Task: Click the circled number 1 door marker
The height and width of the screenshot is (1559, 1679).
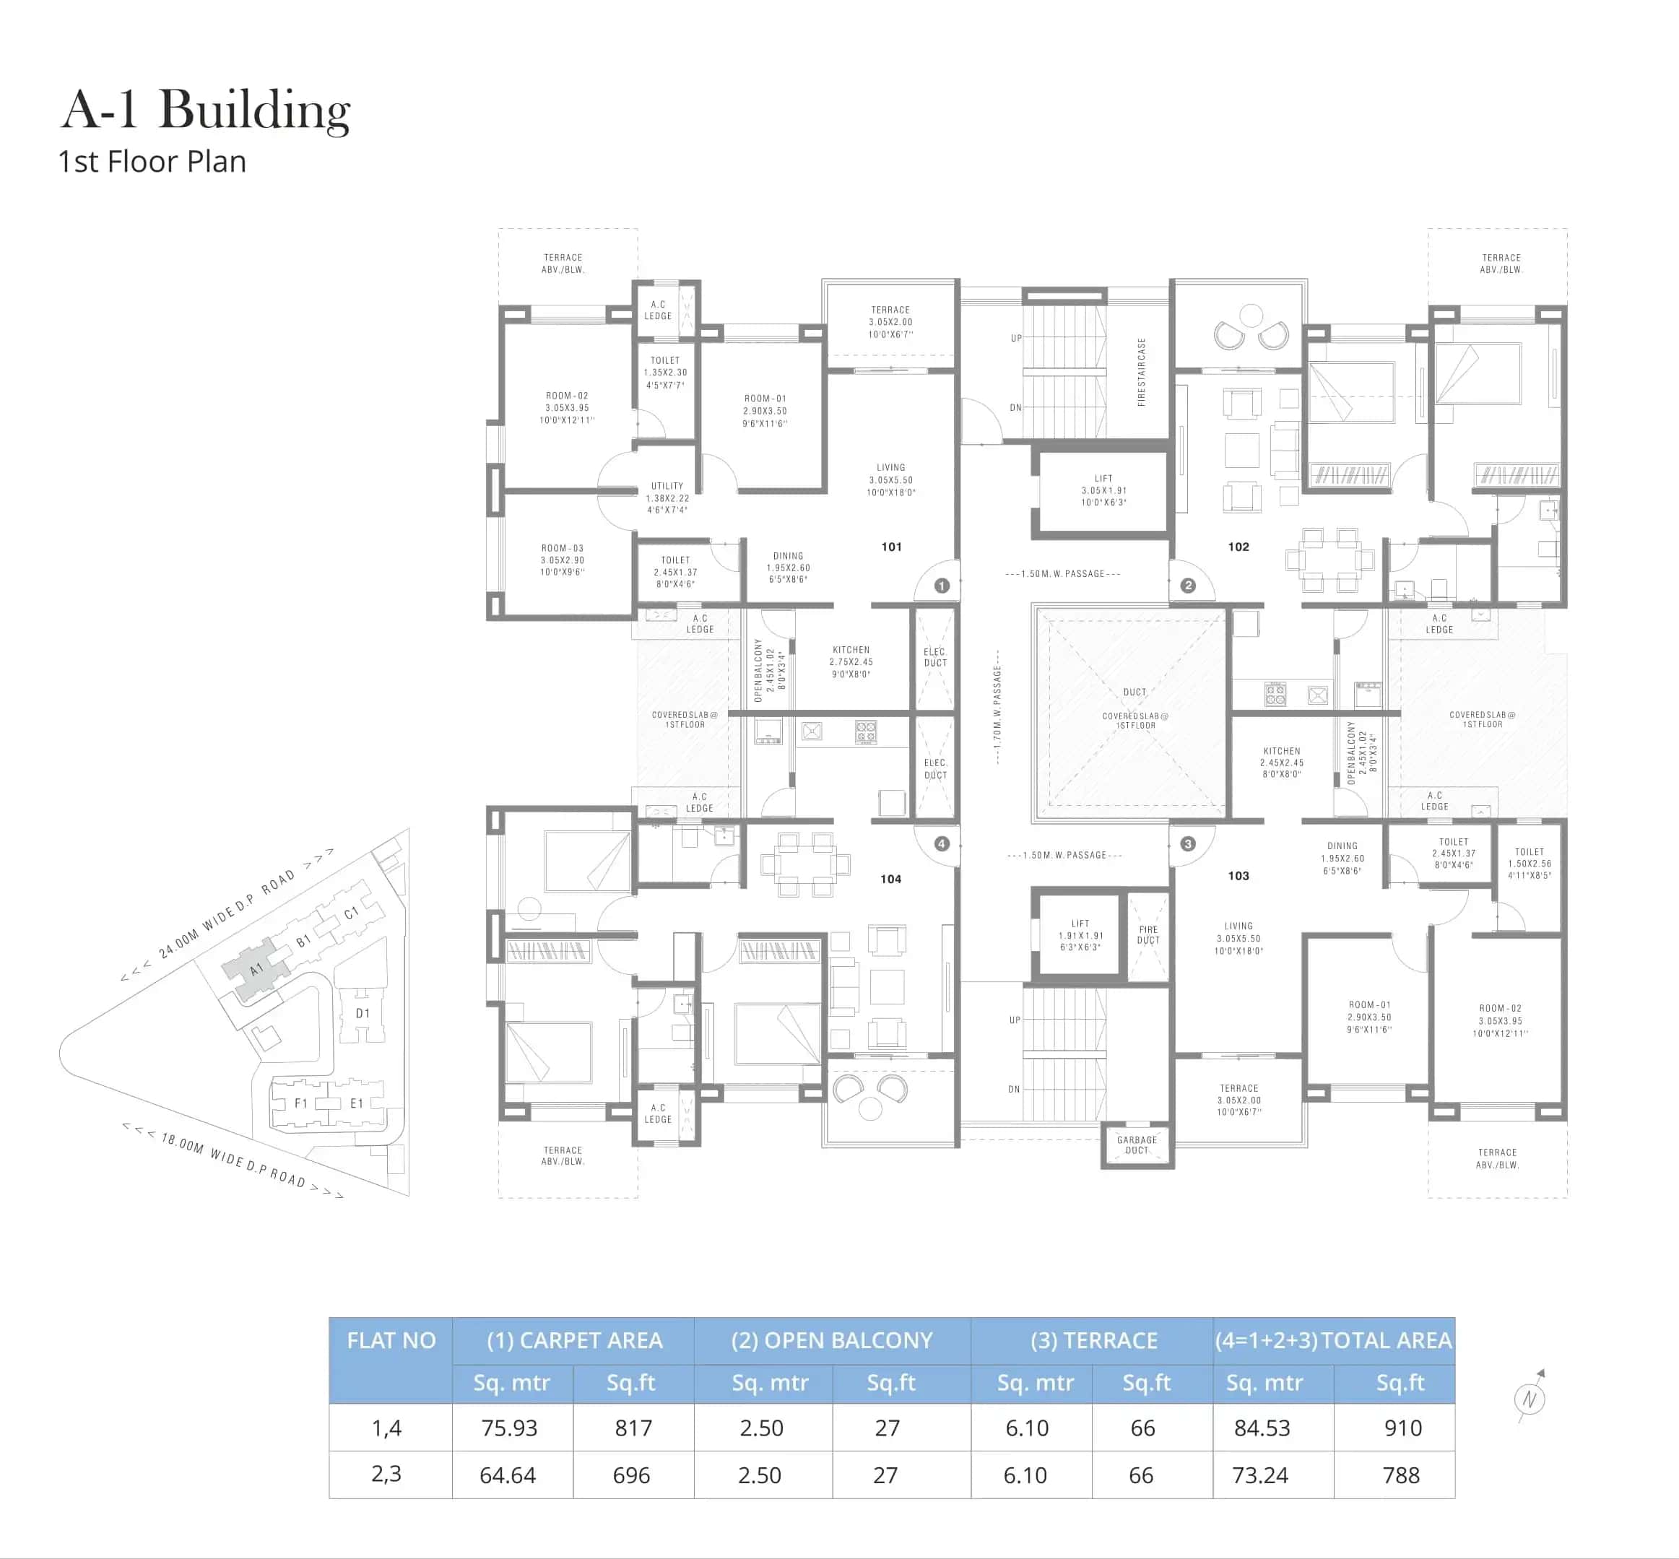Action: pos(942,586)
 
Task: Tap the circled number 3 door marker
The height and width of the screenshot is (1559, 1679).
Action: pos(1188,843)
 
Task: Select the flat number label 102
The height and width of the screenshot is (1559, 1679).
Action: pos(1238,547)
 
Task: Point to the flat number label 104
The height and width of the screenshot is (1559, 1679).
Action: pos(890,879)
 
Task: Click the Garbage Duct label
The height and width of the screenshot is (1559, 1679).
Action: pos(1137,1145)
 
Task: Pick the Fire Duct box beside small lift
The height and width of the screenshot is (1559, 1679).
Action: pos(1147,934)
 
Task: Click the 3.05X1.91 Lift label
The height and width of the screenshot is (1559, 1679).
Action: pos(1103,490)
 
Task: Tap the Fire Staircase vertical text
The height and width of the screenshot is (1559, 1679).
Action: pos(1142,372)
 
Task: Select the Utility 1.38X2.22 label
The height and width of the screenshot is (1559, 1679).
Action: pos(667,498)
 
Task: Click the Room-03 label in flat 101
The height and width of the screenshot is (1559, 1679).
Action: pos(562,560)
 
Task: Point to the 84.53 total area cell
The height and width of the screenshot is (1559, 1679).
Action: pos(1262,1428)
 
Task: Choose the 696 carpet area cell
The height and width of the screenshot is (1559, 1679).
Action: pos(631,1475)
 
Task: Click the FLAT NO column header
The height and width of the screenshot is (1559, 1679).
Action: pos(391,1340)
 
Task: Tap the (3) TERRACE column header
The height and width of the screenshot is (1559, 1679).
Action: pos(1093,1340)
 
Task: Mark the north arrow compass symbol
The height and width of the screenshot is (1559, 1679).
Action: pos(1530,1399)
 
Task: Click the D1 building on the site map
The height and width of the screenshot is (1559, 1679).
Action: pos(362,1013)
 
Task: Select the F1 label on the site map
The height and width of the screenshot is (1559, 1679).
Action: pos(300,1103)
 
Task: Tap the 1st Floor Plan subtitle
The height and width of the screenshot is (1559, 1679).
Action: pos(152,161)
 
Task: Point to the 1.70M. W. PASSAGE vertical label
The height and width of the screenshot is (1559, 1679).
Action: pos(997,707)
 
